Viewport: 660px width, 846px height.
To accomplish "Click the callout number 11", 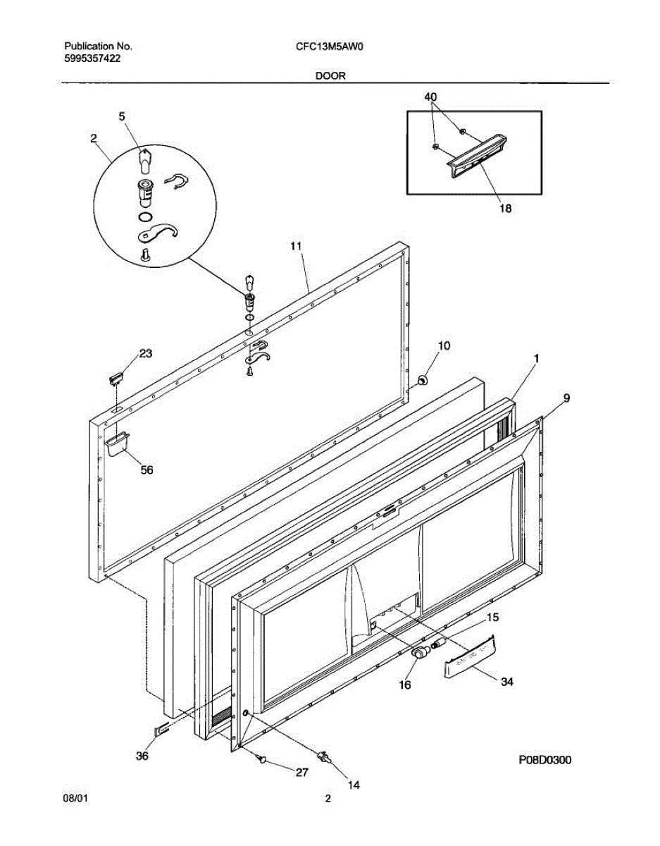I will [x=296, y=246].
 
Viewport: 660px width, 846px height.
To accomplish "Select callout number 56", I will [x=147, y=470].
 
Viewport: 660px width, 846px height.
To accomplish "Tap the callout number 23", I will [x=145, y=354].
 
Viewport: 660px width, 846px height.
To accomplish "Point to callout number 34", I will [x=507, y=681].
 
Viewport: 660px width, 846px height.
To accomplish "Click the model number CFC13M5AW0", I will [x=334, y=47].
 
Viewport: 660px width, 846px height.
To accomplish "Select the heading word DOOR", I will [x=330, y=76].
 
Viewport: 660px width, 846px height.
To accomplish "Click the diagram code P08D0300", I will [x=544, y=760].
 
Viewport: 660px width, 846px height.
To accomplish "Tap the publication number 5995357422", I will [x=92, y=59].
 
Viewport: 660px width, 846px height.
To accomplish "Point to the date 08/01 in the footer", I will [x=75, y=799].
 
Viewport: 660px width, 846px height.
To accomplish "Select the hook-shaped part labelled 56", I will [x=116, y=442].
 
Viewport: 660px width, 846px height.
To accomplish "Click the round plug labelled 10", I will [x=423, y=381].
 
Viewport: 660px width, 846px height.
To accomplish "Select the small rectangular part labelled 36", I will [x=162, y=729].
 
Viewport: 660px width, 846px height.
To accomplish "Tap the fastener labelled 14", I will [x=325, y=756].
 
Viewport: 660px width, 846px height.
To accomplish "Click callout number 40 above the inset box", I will [x=430, y=96].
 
